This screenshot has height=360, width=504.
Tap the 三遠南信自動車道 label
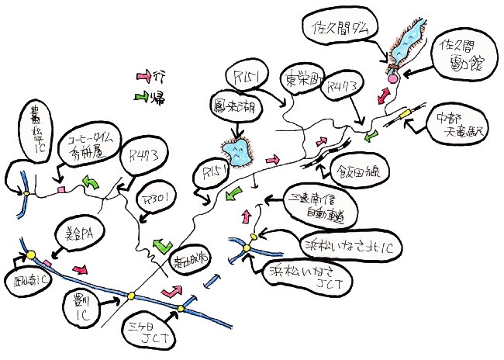pos(313,202)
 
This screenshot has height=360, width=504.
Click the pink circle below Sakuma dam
pos(392,79)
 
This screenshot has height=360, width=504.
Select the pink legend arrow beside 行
pos(143,77)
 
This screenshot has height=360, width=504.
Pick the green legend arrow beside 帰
pos(143,97)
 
